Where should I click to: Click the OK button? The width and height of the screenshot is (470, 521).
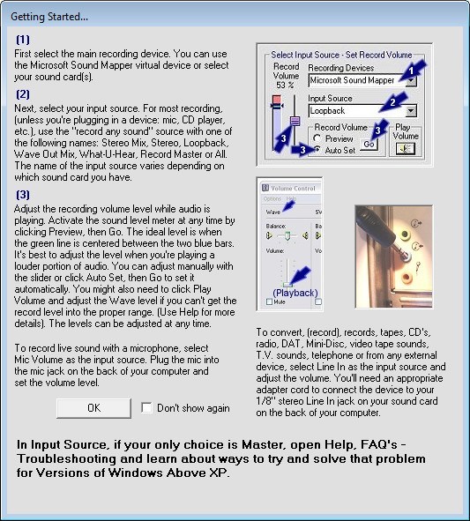(93, 408)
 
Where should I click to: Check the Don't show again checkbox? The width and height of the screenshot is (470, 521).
(147, 408)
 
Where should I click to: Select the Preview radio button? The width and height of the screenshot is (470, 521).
(319, 138)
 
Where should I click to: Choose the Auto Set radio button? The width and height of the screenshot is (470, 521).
(319, 151)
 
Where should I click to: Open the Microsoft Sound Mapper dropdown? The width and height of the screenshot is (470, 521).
(410, 80)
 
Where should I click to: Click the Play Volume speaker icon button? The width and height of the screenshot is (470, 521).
(406, 149)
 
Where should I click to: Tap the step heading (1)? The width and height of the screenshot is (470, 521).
(23, 40)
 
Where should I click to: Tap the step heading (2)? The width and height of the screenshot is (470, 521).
(23, 93)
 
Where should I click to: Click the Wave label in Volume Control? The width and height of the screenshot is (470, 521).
(276, 212)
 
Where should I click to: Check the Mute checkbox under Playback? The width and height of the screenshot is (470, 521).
(271, 302)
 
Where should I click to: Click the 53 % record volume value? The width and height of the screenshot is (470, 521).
(286, 84)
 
